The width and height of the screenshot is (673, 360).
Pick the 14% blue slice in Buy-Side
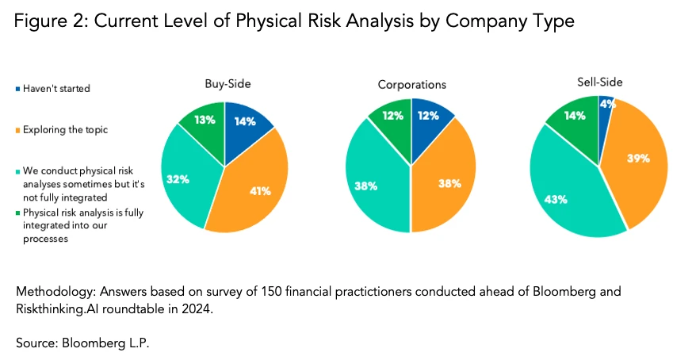(x=244, y=121)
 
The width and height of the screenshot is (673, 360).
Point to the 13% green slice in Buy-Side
(x=205, y=120)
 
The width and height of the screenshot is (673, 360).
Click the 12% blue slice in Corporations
(x=429, y=117)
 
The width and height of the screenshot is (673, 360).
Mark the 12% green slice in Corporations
(x=392, y=117)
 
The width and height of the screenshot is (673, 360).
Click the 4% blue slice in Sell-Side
(x=606, y=105)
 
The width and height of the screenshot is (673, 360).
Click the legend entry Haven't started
(x=56, y=88)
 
